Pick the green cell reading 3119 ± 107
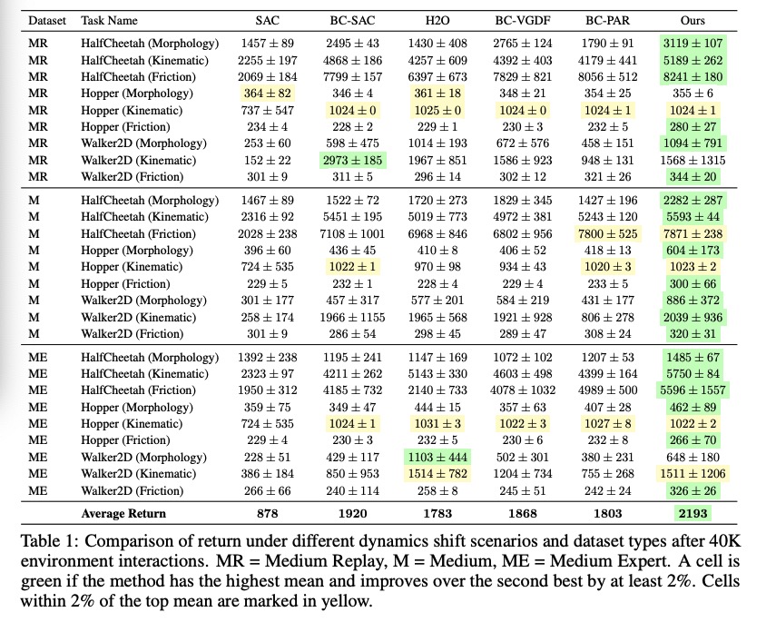(x=693, y=44)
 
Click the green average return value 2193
(x=693, y=514)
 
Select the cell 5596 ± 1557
(x=693, y=390)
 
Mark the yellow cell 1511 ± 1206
(x=693, y=473)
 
